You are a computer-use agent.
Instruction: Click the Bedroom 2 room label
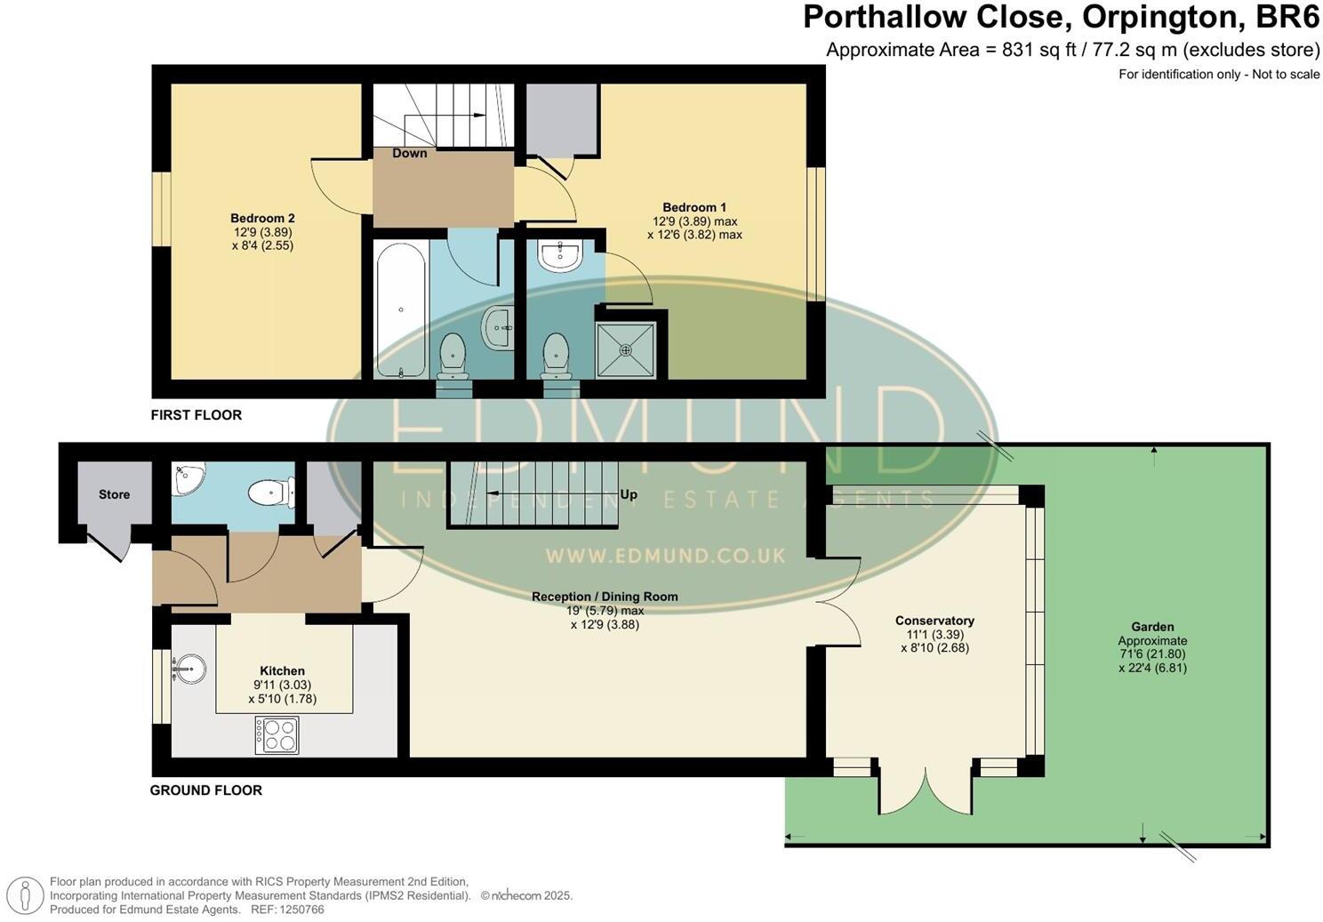tap(262, 219)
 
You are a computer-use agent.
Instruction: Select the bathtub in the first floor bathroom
tap(401, 309)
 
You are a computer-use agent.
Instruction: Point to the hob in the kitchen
tap(277, 735)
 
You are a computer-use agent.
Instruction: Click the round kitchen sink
tap(188, 668)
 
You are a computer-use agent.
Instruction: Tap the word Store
tap(114, 494)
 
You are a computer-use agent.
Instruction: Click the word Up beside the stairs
tap(629, 494)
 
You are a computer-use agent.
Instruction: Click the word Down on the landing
tap(410, 153)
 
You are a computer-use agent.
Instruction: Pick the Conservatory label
tap(934, 621)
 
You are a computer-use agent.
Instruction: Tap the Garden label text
tap(1152, 627)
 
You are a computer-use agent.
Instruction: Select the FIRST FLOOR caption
tap(196, 414)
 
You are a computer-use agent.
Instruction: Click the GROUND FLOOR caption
tap(206, 790)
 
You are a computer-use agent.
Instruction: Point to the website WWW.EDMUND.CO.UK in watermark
tap(665, 556)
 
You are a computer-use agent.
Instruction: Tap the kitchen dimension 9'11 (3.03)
tap(282, 685)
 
